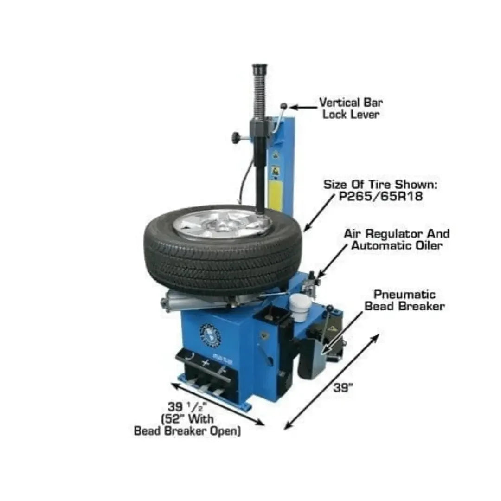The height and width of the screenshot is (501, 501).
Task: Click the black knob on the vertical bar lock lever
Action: (283, 106)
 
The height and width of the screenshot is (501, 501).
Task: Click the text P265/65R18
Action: (381, 197)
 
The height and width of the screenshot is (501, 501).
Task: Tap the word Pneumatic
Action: (405, 295)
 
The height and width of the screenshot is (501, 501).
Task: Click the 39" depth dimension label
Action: (343, 388)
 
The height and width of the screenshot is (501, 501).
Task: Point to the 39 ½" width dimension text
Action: (187, 407)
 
